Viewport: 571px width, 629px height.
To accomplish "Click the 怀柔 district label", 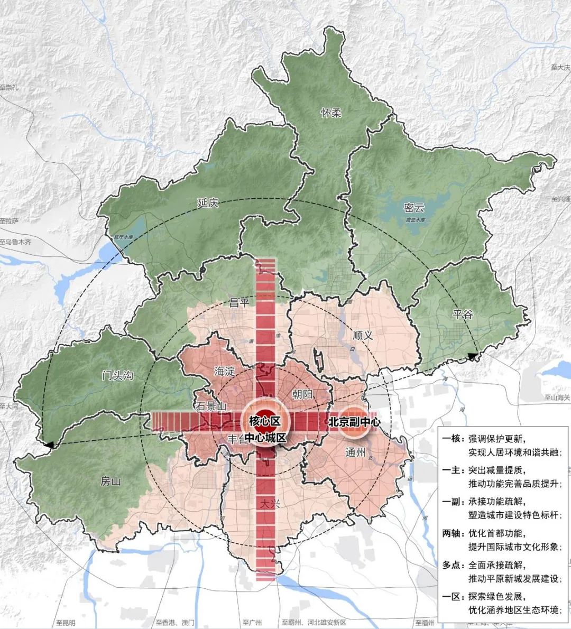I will (331, 113).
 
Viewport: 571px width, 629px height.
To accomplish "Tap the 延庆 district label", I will (207, 202).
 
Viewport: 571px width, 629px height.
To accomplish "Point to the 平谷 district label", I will (463, 314).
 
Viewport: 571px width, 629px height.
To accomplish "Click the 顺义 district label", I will (363, 335).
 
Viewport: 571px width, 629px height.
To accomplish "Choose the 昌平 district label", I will (240, 302).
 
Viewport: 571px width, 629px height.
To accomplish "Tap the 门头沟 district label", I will (117, 376).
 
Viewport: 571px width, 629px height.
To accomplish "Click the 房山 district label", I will (111, 482).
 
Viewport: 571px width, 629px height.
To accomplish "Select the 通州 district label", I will (355, 452).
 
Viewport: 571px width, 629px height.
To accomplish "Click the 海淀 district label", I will (224, 372).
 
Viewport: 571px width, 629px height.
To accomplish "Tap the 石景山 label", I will (211, 406).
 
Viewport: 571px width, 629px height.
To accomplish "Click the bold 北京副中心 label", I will (354, 422).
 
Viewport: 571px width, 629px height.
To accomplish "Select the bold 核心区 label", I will (264, 421).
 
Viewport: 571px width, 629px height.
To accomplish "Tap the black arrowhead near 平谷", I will (472, 357).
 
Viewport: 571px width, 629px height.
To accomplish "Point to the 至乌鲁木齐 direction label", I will (16, 242).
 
